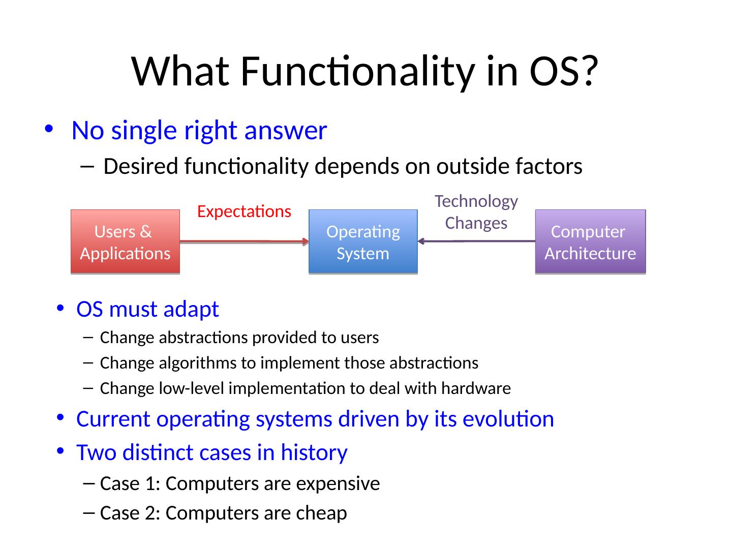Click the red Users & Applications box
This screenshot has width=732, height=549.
pos(125,241)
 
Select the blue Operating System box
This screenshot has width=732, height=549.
pos(363,241)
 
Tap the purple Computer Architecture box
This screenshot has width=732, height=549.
pos(590,241)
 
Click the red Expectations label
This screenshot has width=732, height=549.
pos(244,211)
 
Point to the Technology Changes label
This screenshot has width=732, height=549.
pos(476,212)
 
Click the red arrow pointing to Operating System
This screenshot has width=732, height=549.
pos(244,241)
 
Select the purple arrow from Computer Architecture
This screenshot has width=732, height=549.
pos(476,241)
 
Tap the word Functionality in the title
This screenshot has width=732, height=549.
pos(357,72)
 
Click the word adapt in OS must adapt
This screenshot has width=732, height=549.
pos(191,310)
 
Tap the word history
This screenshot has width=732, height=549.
pos(314,452)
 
